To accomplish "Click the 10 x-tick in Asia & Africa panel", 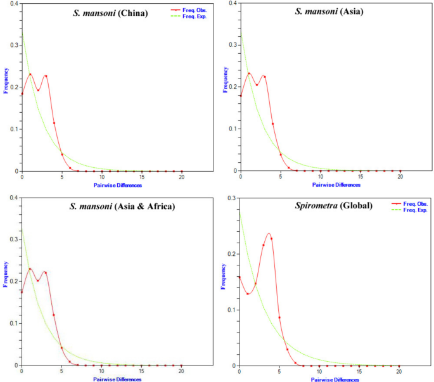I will point(102,371).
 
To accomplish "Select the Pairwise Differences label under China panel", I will point(117,185).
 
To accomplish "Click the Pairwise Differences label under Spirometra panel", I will point(335,379).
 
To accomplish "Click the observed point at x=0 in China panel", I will point(22,94).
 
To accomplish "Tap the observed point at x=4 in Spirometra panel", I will point(271,238).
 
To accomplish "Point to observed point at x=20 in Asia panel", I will point(400,170).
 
